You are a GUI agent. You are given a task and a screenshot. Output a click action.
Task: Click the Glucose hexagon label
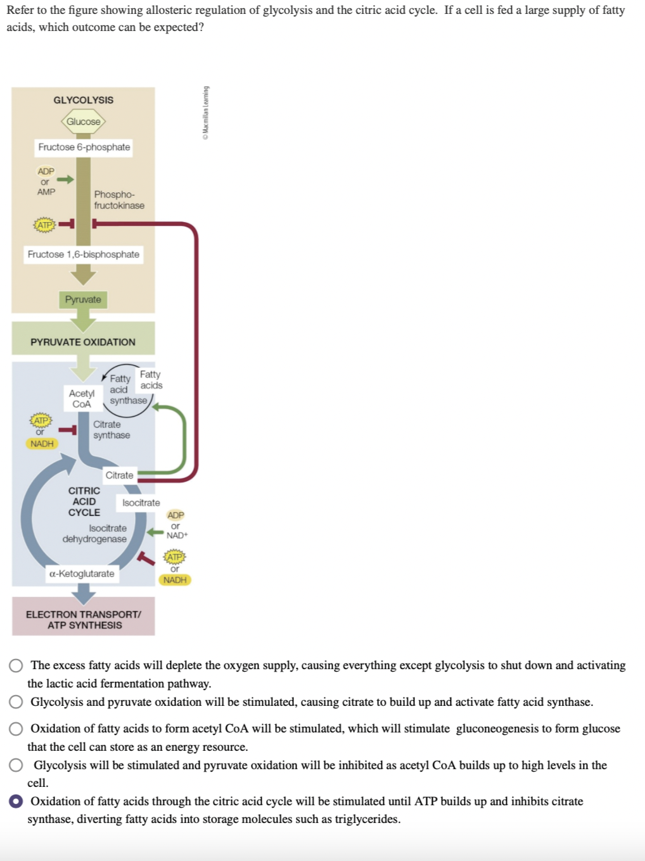coord(84,122)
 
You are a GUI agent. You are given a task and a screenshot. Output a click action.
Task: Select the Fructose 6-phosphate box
coord(84,147)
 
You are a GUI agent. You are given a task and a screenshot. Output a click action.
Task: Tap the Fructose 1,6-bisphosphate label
coord(84,255)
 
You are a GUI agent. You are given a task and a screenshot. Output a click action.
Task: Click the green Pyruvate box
coord(83,299)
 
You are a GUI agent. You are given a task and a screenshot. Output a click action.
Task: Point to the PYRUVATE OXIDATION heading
coord(83,342)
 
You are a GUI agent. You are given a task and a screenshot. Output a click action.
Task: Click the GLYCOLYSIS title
coord(84,100)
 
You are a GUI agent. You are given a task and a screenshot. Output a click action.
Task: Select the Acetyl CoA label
coord(82,399)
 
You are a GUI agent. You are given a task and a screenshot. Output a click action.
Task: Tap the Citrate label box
coord(119,475)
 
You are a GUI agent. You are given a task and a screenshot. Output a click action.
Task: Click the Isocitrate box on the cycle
coord(141,503)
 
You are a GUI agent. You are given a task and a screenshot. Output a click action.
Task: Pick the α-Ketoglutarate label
coord(82,574)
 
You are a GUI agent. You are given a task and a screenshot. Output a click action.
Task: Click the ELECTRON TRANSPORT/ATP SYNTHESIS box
coord(84,620)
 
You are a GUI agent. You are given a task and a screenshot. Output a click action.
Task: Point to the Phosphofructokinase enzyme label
coord(119,200)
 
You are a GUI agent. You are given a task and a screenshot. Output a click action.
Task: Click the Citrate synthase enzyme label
coord(112,430)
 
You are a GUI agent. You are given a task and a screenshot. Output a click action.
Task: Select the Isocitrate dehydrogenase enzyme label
coord(95,534)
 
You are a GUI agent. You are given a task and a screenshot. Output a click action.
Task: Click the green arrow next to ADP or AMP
coord(65,180)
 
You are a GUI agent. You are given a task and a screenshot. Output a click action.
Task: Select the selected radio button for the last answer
coord(16,801)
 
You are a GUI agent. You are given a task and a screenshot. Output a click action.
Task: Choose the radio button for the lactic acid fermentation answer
coord(16,665)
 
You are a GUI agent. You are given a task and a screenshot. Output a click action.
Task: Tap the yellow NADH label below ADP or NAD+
coord(175,580)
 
